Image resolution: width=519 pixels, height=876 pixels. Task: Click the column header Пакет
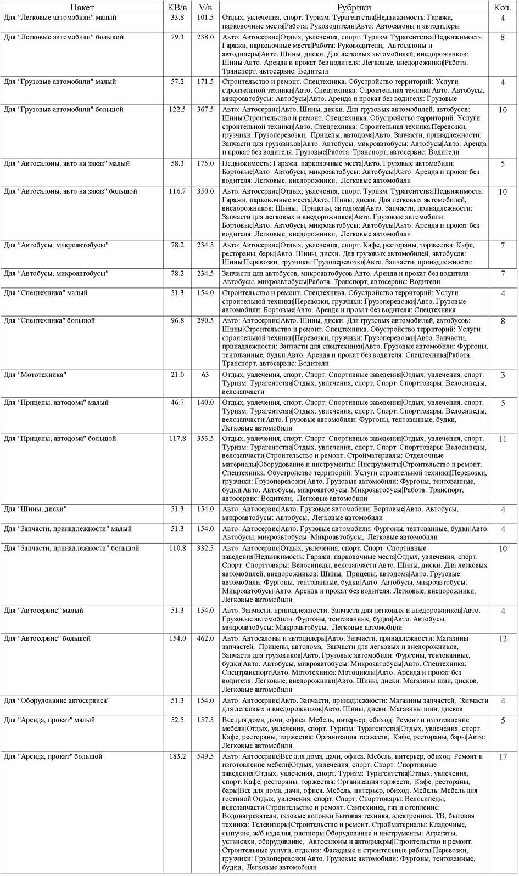(82, 8)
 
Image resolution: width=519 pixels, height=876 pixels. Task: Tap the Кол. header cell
(503, 8)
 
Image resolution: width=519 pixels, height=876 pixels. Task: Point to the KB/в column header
(177, 8)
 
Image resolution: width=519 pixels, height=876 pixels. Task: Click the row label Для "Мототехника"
(35, 375)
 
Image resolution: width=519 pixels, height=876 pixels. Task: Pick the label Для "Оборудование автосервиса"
(57, 701)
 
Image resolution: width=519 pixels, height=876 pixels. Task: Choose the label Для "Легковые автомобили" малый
(60, 18)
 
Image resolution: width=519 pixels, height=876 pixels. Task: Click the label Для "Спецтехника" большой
(49, 321)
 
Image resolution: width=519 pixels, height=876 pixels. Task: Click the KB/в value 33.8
(177, 18)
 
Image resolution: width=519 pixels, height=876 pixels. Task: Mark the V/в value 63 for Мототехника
(205, 375)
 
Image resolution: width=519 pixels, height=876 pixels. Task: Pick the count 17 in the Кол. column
(503, 757)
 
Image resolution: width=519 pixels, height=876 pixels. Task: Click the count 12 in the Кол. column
(503, 639)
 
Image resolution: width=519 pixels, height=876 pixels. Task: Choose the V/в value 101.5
(205, 18)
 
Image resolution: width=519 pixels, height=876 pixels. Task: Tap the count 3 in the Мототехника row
(503, 376)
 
